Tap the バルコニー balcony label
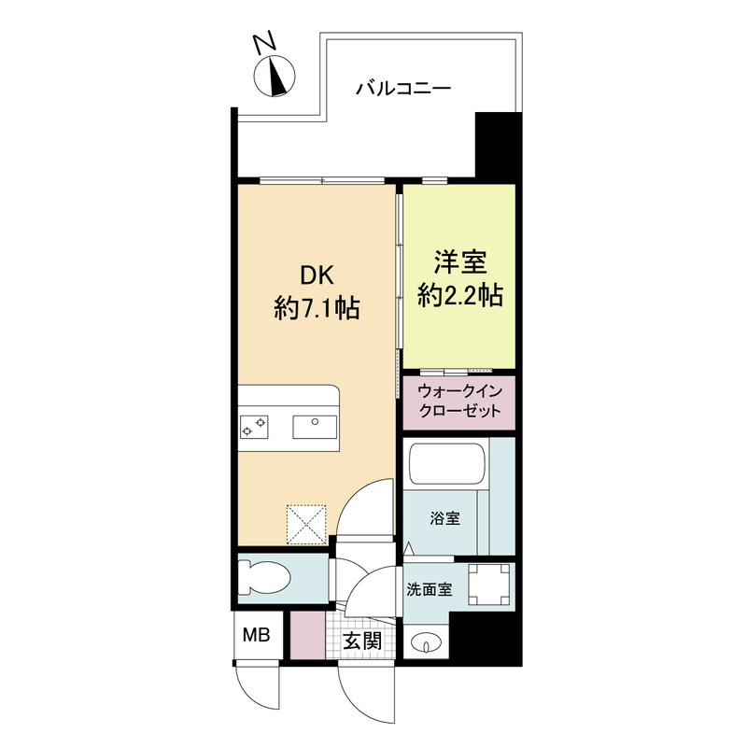click(404, 90)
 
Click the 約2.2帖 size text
click(460, 296)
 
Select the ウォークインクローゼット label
click(460, 402)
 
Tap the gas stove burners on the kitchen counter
click(255, 427)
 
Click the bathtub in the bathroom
click(447, 464)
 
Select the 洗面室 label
click(430, 590)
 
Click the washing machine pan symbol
click(488, 585)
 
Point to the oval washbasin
click(426, 643)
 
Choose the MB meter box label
click(256, 637)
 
